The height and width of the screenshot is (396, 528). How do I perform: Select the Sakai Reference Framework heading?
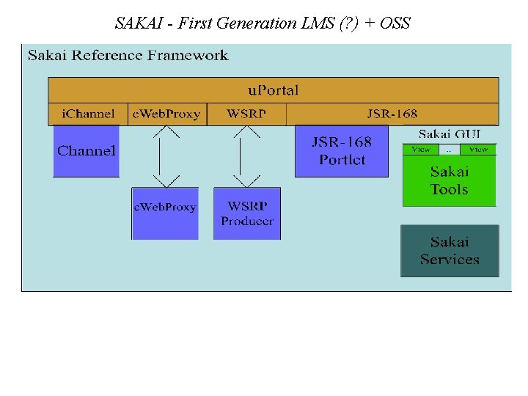(x=128, y=56)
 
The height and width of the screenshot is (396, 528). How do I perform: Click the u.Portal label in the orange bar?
(x=273, y=90)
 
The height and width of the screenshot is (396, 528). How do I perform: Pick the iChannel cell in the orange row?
(x=88, y=114)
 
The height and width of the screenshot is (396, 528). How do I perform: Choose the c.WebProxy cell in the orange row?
(x=166, y=114)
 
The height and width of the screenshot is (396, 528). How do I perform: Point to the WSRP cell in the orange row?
(x=246, y=114)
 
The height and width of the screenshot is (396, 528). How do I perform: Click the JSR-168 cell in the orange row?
(x=392, y=114)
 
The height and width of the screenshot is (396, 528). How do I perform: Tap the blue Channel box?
(x=87, y=151)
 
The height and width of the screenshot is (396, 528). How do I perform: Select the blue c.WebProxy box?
(x=165, y=213)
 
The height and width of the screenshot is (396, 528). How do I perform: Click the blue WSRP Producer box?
(x=247, y=213)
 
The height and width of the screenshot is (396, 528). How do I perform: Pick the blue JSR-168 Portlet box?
(x=342, y=151)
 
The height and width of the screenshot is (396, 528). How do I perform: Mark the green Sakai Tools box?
(x=449, y=180)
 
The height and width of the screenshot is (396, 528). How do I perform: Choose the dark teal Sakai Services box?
(x=450, y=251)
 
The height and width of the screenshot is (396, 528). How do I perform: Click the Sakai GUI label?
(x=450, y=134)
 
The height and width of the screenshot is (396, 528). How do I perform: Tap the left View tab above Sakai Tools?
(x=421, y=150)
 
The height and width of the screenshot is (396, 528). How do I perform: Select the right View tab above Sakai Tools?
(x=478, y=150)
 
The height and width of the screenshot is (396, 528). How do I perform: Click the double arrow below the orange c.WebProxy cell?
(x=166, y=156)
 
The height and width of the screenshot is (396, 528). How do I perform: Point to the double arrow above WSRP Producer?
(x=246, y=156)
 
